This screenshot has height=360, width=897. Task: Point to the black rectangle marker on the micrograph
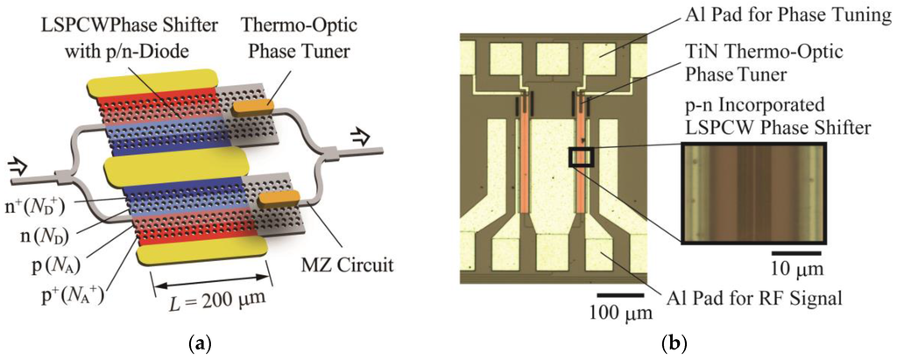(581, 157)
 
